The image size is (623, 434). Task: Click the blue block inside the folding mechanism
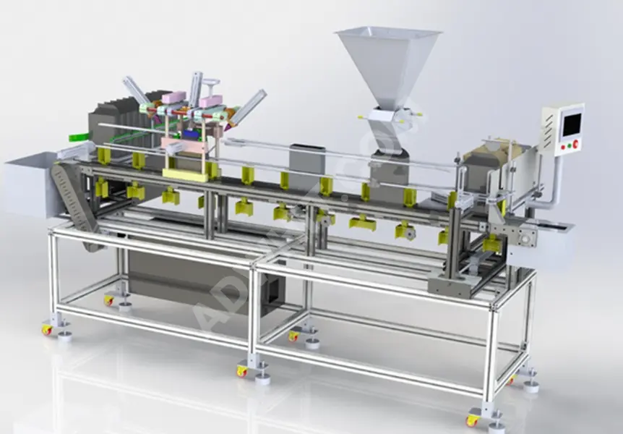click(190, 134)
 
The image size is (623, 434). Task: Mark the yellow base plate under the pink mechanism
click(185, 174)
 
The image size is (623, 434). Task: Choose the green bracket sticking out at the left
click(77, 137)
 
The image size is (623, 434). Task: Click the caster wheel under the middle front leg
click(241, 371)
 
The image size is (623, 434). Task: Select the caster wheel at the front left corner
click(47, 329)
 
